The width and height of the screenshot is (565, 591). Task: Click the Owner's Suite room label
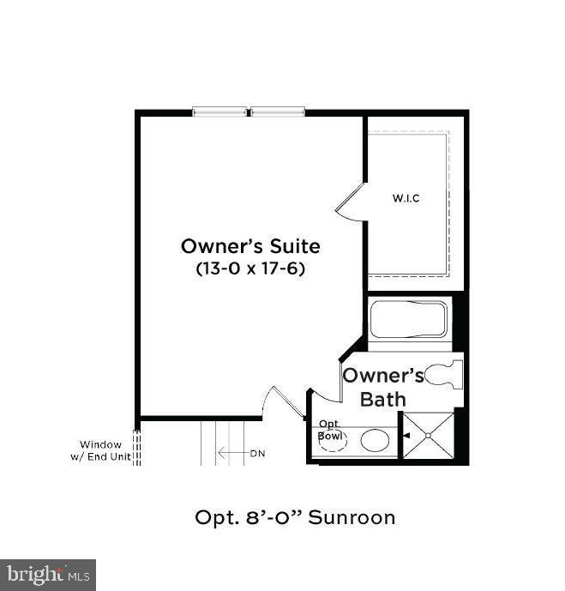[250, 246]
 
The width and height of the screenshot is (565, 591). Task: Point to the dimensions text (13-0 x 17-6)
[250, 268]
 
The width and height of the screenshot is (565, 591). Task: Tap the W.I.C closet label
[406, 198]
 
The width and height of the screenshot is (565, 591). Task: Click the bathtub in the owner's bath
[407, 321]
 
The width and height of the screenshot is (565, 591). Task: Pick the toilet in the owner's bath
[445, 373]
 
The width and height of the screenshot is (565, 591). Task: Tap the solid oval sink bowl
[375, 440]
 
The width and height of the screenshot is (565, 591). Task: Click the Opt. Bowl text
[331, 430]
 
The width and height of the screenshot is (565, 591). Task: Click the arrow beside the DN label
[231, 453]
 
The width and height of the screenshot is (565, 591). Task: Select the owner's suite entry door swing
[285, 402]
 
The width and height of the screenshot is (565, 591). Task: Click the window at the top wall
[249, 112]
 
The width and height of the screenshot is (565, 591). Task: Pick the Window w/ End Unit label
[105, 450]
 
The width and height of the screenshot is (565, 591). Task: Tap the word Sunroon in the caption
[352, 517]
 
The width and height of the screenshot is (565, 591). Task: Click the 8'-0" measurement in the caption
[271, 517]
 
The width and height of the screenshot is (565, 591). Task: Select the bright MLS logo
[48, 574]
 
